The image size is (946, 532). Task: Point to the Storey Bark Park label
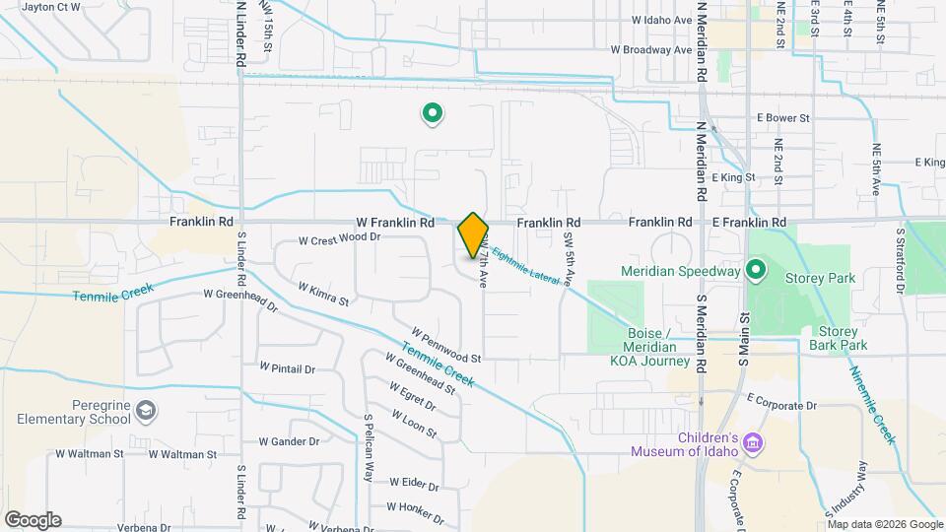(838, 338)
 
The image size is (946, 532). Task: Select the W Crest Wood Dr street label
(339, 238)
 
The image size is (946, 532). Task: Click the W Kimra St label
(323, 293)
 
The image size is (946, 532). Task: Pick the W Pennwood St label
(445, 345)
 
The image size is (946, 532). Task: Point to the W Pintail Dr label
(287, 368)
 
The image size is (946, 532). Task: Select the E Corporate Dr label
(782, 405)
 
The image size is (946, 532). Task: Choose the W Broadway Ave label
(650, 48)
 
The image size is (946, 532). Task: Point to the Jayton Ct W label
(50, 7)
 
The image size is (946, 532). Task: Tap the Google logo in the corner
(33, 519)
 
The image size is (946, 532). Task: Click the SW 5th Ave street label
(569, 258)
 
